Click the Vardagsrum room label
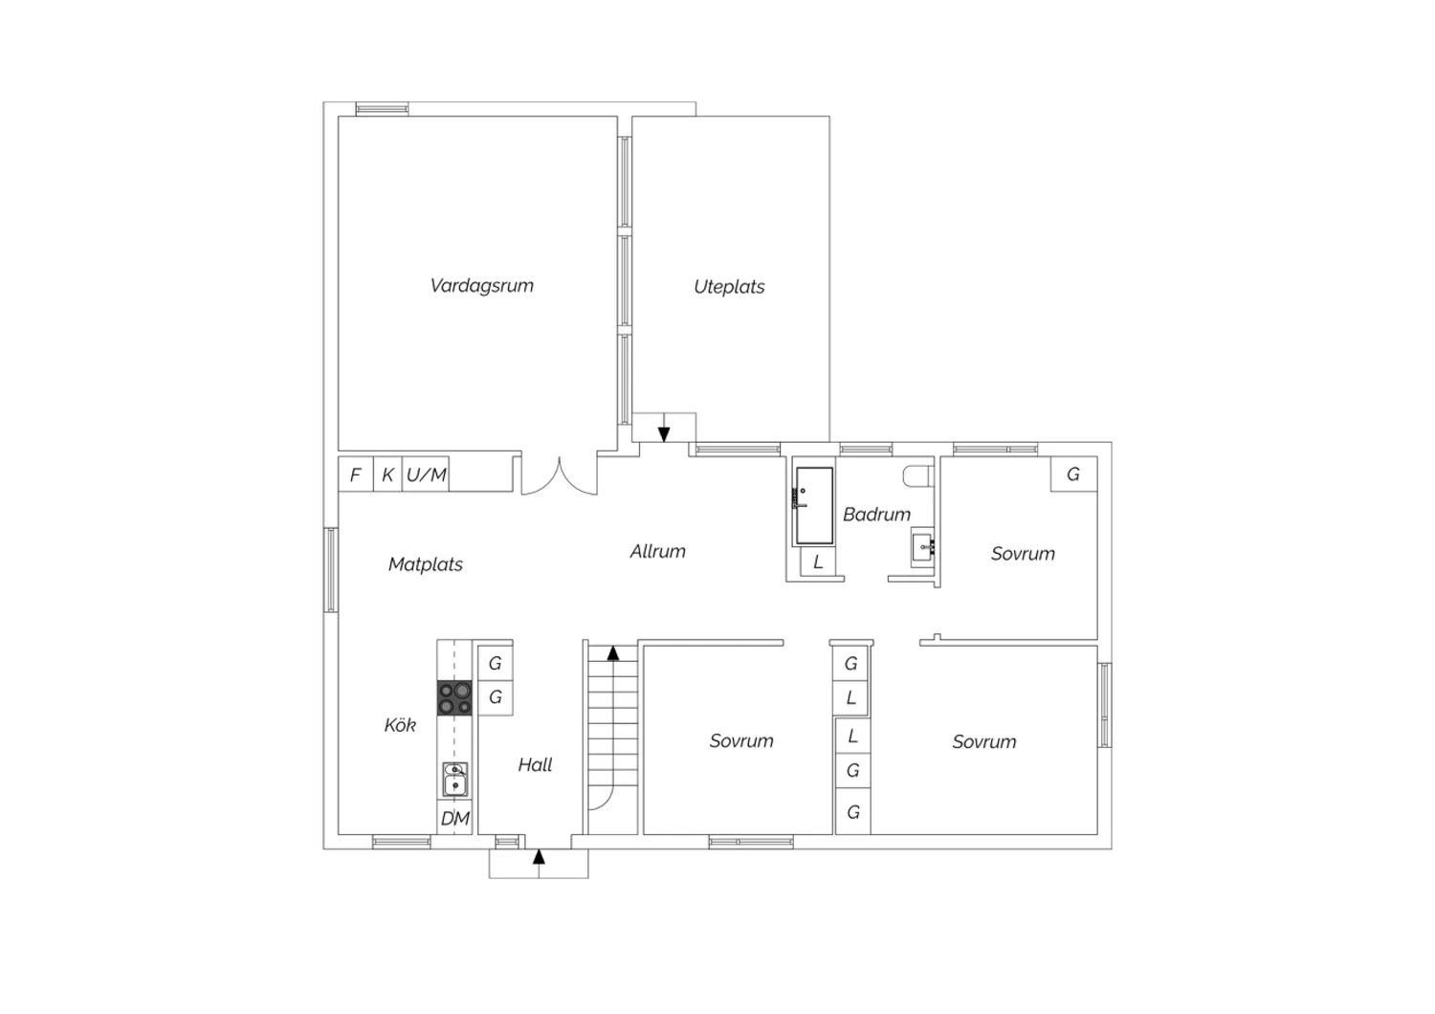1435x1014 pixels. (x=482, y=286)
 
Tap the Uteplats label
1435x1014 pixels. (x=729, y=287)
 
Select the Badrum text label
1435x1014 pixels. (x=876, y=515)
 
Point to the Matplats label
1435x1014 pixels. (x=426, y=564)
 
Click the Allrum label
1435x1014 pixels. (x=657, y=552)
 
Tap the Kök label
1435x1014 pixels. (x=400, y=724)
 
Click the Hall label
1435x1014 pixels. (x=535, y=765)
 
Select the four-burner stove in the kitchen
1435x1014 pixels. (x=454, y=698)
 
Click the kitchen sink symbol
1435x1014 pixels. (x=454, y=779)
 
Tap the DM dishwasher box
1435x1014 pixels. (x=454, y=817)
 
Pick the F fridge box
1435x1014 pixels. (x=356, y=474)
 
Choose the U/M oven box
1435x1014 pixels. (x=426, y=474)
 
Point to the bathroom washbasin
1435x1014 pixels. (x=922, y=548)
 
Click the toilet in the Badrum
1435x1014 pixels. (x=918, y=476)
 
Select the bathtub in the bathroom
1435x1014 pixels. (x=814, y=506)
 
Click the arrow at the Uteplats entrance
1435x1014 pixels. (x=664, y=428)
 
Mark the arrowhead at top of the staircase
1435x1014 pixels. (x=613, y=652)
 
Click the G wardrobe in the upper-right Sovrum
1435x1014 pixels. (x=1073, y=474)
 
